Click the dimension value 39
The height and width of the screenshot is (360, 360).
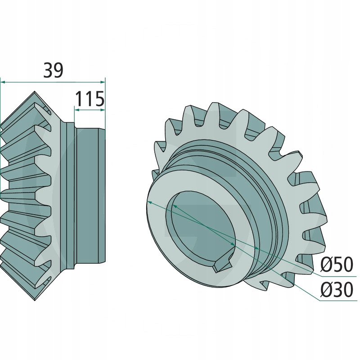pyautogui.click(x=54, y=70)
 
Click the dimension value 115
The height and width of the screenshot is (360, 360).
pyautogui.click(x=90, y=99)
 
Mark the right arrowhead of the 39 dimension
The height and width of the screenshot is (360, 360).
pyautogui.click(x=103, y=82)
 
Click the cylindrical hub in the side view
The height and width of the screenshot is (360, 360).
pyautogui.click(x=90, y=196)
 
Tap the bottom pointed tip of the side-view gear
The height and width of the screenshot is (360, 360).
pyautogui.click(x=35, y=300)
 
